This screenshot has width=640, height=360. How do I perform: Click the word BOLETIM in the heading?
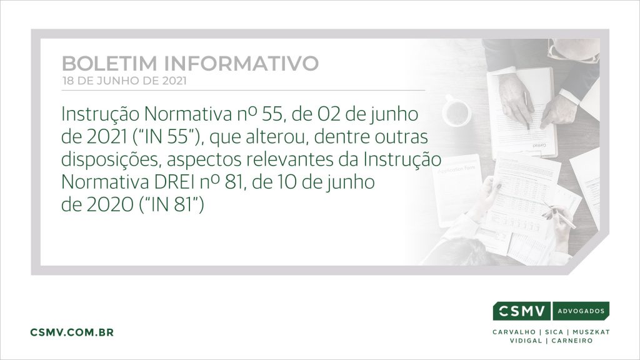tap(109, 63)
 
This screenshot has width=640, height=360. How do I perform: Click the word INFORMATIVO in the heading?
tap(241, 63)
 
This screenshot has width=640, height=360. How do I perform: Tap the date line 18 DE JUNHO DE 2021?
tap(124, 81)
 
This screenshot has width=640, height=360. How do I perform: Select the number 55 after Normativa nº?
tap(272, 114)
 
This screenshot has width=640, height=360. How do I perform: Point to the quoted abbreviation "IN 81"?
tap(171, 205)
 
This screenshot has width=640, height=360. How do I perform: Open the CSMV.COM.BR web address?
tap(72, 332)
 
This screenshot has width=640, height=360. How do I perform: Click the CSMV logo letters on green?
tap(522, 311)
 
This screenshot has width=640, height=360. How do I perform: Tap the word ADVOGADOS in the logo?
tap(581, 311)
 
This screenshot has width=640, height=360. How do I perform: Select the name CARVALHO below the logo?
tap(514, 332)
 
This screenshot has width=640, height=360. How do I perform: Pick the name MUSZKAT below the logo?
tap(591, 332)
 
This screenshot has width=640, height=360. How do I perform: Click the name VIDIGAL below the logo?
tap(526, 341)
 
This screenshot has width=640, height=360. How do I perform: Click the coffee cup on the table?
tap(456, 111)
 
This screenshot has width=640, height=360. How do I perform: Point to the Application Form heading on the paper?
tap(456, 169)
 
